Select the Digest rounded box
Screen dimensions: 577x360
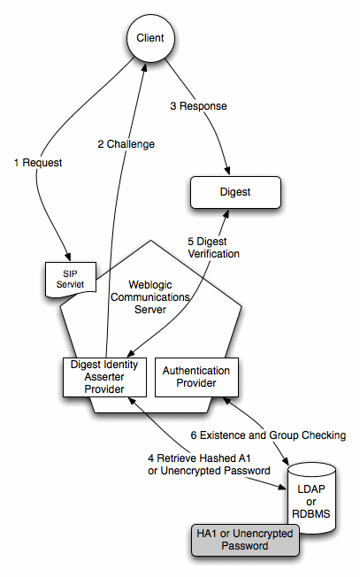pos(234,190)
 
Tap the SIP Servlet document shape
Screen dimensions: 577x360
pos(68,278)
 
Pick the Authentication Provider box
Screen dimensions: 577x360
pos(196,376)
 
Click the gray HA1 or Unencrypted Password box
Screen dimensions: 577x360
pos(244,540)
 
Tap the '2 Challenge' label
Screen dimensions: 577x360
pos(126,144)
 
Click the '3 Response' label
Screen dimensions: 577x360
pos(198,106)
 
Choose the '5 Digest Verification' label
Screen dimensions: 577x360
pos(213,246)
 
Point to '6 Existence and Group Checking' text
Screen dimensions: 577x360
pos(268,435)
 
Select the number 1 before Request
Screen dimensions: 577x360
pos(16,163)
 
